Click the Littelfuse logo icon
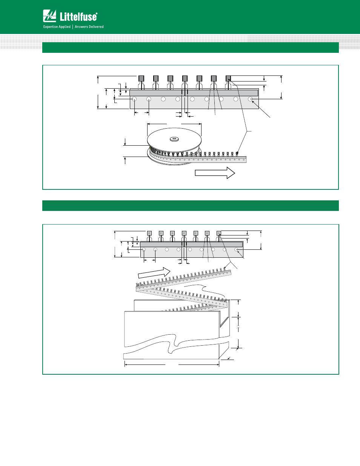click(x=49, y=15)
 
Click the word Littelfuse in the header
click(x=78, y=17)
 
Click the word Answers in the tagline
click(x=81, y=26)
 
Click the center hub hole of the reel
click(x=174, y=139)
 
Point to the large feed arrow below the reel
click(x=215, y=173)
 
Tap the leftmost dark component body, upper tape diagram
click(x=141, y=78)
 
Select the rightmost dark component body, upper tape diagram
click(x=228, y=78)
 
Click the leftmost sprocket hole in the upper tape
click(x=134, y=99)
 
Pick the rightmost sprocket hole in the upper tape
click(x=250, y=99)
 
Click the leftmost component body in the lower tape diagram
click(x=149, y=233)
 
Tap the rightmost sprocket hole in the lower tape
click(x=236, y=249)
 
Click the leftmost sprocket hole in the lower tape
click(x=144, y=249)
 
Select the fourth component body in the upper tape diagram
click(x=185, y=78)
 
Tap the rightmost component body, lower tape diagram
click(x=219, y=233)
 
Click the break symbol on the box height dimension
click(x=238, y=328)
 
